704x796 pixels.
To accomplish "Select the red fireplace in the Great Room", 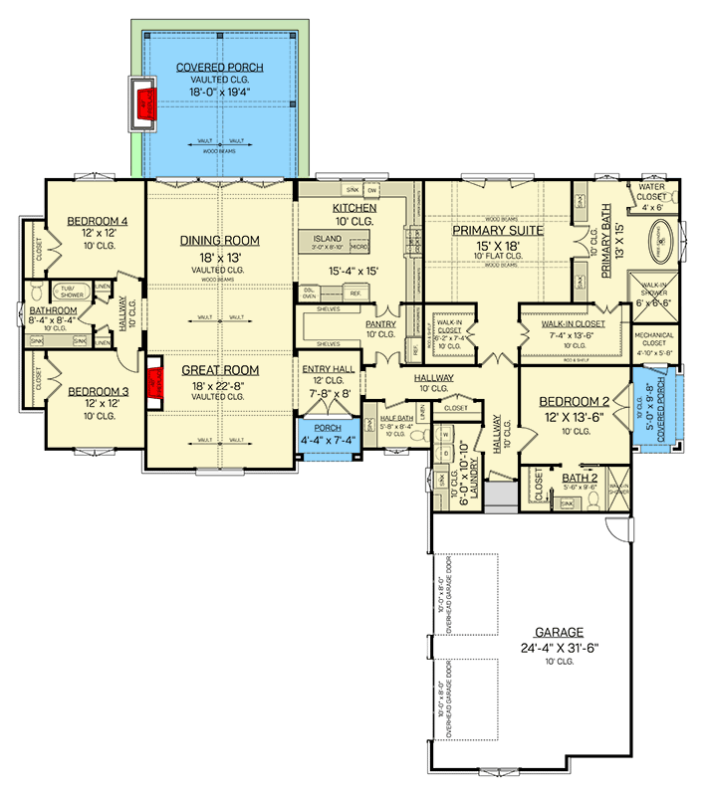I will click(x=154, y=382).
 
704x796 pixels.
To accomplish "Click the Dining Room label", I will click(x=219, y=241).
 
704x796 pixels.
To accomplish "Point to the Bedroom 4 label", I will click(x=98, y=221).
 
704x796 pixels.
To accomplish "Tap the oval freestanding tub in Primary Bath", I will click(x=661, y=242).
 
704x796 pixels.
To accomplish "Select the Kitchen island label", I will click(x=327, y=240).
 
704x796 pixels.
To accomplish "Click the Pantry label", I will click(x=380, y=324).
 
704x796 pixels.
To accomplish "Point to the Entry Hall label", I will click(x=328, y=369).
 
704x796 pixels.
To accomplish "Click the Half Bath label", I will click(x=396, y=419).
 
